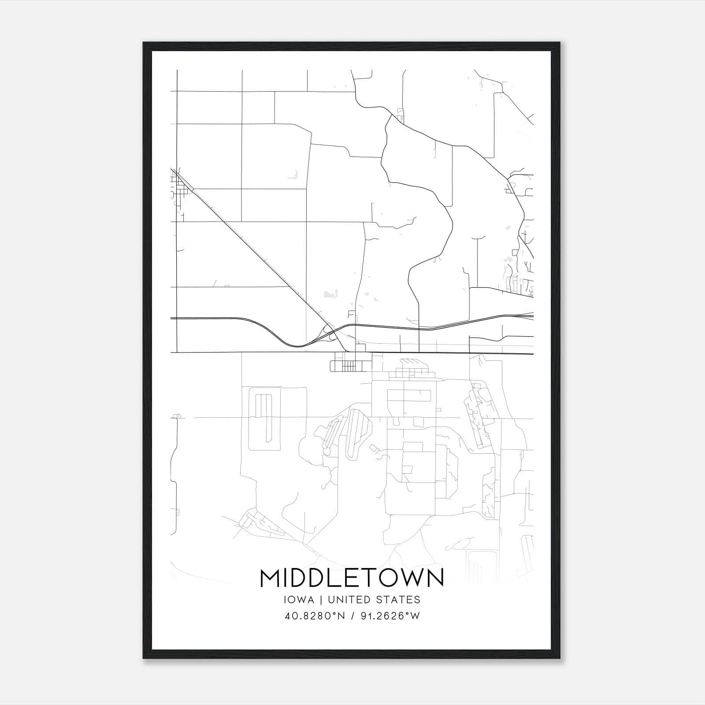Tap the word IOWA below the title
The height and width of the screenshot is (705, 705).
pyautogui.click(x=300, y=600)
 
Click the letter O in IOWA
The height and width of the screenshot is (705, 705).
pyautogui.click(x=291, y=600)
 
